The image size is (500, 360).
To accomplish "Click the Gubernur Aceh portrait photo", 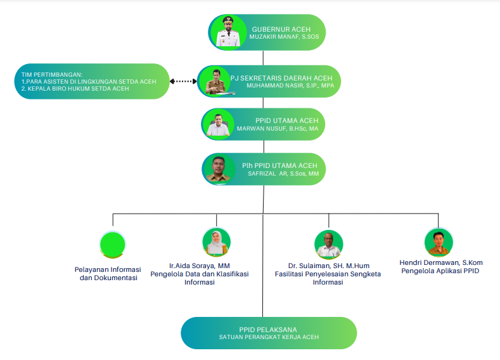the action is coord(228,32).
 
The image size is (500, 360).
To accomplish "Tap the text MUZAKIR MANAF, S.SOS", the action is coord(284,37).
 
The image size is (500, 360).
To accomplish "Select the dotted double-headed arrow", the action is coord(183,81).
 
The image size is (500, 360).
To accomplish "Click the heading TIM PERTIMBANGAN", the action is coord(52,75).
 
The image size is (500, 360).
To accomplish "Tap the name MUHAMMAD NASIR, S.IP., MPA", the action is coord(290,86).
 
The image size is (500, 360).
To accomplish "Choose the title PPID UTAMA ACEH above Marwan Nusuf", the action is coord(287,120).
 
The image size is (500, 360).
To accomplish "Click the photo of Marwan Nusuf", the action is coord(218,124).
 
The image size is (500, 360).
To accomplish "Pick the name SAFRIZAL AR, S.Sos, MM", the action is coord(283,174).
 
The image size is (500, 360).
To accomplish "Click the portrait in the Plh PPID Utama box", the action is coord(219,169).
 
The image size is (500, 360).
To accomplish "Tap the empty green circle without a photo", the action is coord(113,244).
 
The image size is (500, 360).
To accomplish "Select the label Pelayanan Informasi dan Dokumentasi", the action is coord(108,274).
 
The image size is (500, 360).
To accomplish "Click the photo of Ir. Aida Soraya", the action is coord(217,241).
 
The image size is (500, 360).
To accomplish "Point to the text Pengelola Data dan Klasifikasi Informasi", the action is coord(200,278).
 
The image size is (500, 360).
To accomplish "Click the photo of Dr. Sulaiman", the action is coord(329,244).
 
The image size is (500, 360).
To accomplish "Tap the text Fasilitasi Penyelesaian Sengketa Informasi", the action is coord(328,278).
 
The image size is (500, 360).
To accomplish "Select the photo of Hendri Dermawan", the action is coord(439,242).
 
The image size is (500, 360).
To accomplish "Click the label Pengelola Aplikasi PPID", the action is coord(440,271).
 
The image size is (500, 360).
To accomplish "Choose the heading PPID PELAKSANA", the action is coord(268,330).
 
